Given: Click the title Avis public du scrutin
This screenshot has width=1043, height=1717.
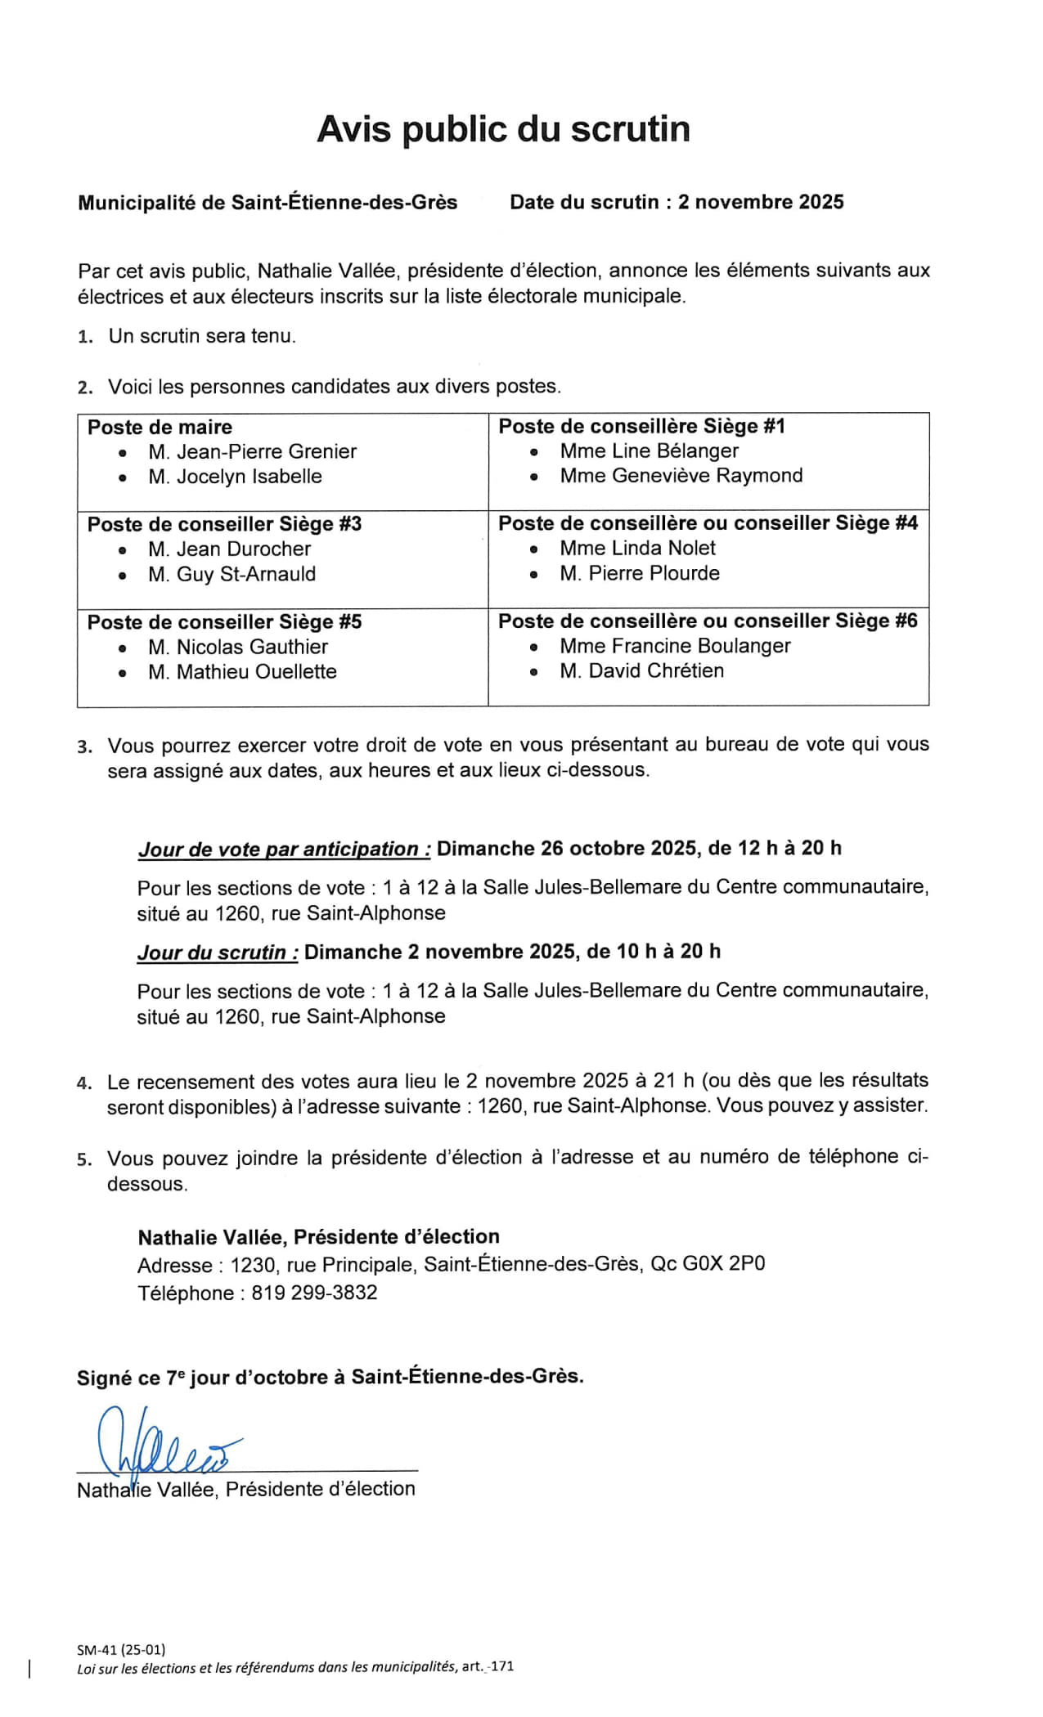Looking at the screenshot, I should coord(503,129).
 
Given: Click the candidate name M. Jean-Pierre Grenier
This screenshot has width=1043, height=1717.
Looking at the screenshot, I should coord(252,451).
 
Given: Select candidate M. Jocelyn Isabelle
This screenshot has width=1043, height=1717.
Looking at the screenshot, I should coord(235,477).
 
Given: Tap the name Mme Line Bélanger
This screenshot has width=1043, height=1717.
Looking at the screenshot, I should coord(649,451).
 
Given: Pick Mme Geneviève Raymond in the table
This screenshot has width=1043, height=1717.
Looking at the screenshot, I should coord(681,476).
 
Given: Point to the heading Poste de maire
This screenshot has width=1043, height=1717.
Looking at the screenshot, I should coord(160,427).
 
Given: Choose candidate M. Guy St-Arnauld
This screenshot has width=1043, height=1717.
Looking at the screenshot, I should coord(232,574).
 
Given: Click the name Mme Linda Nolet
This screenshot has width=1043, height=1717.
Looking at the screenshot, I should coord(637,548).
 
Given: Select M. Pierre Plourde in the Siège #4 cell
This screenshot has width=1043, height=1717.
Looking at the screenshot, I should coord(639,573).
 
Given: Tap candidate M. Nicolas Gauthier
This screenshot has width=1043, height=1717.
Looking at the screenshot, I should coord(238,647).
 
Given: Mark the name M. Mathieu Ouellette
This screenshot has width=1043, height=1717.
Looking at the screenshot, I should coord(242,671).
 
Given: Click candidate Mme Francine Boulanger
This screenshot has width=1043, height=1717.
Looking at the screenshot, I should coord(675,646).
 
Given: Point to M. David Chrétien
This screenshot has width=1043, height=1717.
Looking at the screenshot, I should coord(641,670).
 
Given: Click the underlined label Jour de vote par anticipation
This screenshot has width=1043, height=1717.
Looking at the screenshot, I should coord(284,849).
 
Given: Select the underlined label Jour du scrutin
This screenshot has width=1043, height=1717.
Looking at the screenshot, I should coord(218,953).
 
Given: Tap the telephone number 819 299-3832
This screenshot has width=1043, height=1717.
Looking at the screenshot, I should coord(314,1293).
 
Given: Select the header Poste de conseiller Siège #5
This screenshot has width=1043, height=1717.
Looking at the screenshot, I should coord(224,622).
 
